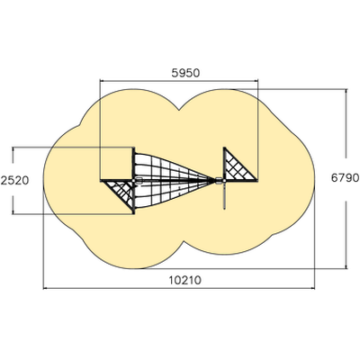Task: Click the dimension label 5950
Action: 185,73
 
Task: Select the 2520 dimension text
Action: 14,181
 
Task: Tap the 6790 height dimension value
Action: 345,178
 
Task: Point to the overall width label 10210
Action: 184,281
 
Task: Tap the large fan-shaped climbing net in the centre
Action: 174,180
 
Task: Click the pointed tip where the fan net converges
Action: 215,180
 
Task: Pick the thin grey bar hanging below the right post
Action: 224,195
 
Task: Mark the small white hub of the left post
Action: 133,180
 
